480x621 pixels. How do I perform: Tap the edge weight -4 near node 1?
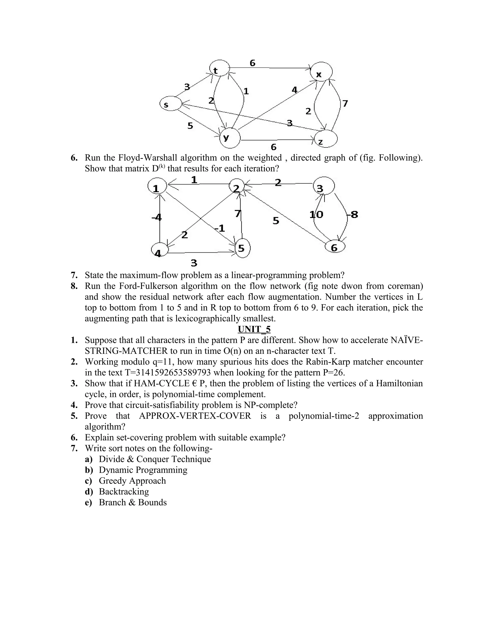pyautogui.click(x=157, y=217)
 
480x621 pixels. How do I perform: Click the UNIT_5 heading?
pyautogui.click(x=254, y=329)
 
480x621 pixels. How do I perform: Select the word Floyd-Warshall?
pyautogui.click(x=147, y=157)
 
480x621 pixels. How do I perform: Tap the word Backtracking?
pyautogui.click(x=124, y=492)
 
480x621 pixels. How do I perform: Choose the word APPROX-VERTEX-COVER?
pyautogui.click(x=195, y=416)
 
